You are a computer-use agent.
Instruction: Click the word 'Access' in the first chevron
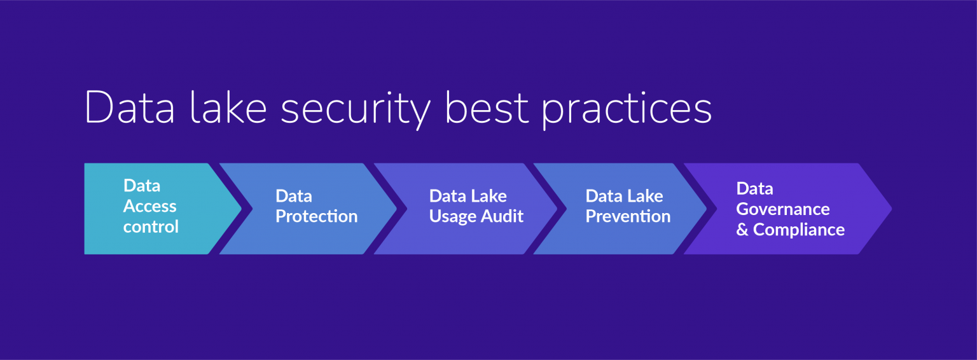pyautogui.click(x=149, y=206)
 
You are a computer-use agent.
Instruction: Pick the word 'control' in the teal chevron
pyautogui.click(x=151, y=226)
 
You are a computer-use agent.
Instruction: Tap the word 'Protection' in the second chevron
pyautogui.click(x=316, y=216)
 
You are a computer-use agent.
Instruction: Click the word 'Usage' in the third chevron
pyautogui.click(x=452, y=216)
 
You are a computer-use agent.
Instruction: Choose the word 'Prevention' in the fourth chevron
pyautogui.click(x=628, y=216)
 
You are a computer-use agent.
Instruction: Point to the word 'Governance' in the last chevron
pyautogui.click(x=782, y=209)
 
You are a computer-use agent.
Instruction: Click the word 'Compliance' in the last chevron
pyautogui.click(x=798, y=230)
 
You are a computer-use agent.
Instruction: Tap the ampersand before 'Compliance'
pyautogui.click(x=742, y=230)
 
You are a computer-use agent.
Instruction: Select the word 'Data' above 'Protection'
pyautogui.click(x=293, y=196)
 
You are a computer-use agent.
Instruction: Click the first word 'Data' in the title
pyautogui.click(x=129, y=108)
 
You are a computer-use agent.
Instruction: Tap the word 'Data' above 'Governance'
pyautogui.click(x=754, y=188)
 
